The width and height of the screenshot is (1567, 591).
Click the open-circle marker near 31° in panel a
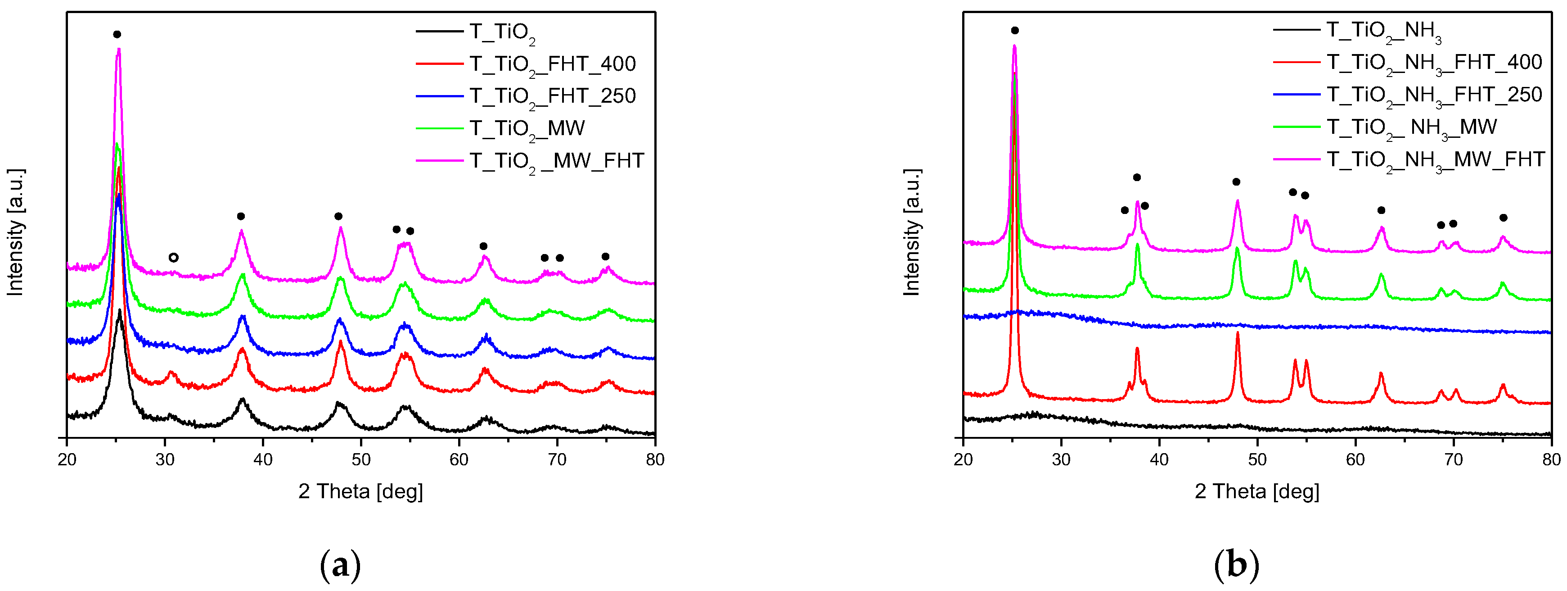tap(173, 258)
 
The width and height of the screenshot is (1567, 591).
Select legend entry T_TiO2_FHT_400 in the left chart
tap(552, 64)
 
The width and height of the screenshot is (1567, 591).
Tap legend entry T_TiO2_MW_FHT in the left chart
tap(556, 161)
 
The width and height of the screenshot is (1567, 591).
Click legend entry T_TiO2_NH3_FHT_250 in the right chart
tap(1434, 95)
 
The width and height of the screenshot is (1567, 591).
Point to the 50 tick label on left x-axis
tap(361, 459)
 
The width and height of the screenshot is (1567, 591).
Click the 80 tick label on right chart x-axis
tap(1551, 459)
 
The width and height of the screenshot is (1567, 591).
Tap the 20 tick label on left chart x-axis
tap(67, 459)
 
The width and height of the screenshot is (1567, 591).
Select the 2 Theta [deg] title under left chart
tap(360, 491)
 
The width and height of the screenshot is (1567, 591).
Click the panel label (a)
tap(340, 565)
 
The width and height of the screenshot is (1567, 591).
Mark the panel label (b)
tap(1236, 565)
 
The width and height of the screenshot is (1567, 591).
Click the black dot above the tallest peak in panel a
tap(117, 35)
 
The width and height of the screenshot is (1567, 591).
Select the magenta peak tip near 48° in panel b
tap(1237, 201)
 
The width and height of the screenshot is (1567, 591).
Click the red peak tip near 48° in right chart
tap(1237, 333)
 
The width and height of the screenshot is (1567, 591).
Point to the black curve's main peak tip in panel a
tap(119, 310)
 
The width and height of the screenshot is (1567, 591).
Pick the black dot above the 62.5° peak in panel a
tap(483, 246)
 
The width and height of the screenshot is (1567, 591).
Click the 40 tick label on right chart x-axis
tap(1159, 459)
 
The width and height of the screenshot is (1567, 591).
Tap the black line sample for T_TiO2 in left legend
tap(439, 31)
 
